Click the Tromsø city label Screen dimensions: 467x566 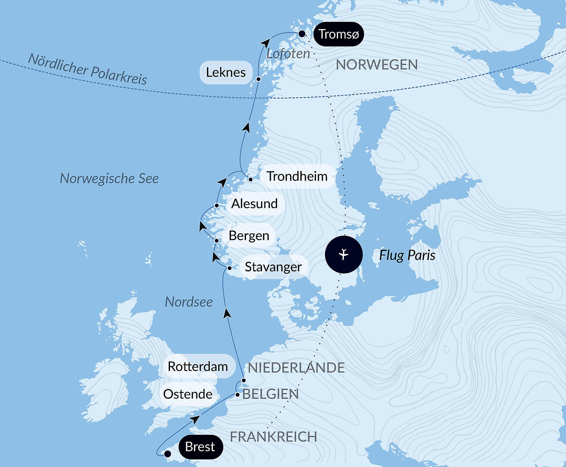pos(339,34)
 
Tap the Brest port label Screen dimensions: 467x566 pos(200,447)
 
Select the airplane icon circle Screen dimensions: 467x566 pos(344,254)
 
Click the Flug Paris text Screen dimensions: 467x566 pos(407,255)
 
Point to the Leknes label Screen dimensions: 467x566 pos(226,72)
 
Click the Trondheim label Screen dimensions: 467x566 pos(297,176)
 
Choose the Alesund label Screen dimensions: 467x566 pos(254,204)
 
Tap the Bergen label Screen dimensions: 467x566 pos(249,236)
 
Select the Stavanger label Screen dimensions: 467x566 pos(273,267)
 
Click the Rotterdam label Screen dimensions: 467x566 pos(198,366)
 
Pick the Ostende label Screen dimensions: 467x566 pos(188,394)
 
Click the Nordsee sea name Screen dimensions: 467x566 pos(189,302)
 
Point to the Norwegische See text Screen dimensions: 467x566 pos(109,179)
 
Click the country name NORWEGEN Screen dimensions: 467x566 pos(377,65)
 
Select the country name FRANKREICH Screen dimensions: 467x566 pos(273,437)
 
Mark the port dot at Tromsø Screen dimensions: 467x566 pos(302,34)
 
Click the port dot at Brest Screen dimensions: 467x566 pos(167,454)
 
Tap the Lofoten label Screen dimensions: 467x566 pos(288,54)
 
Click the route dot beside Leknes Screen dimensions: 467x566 pos(258,79)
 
